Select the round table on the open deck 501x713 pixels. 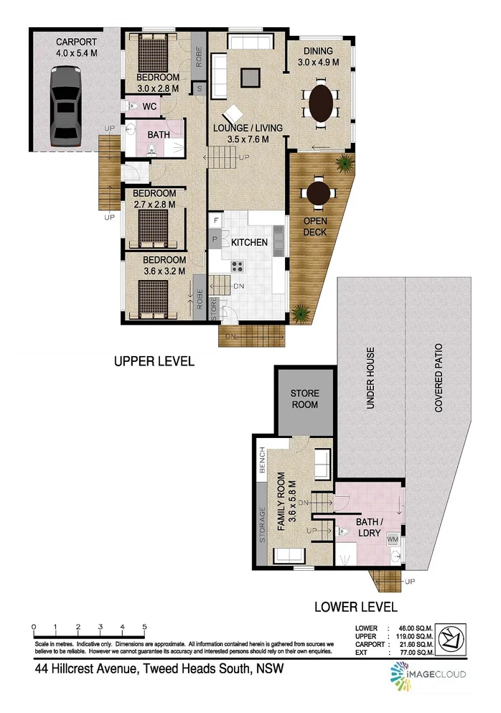click(x=317, y=192)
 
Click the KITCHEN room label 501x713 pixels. click(x=249, y=243)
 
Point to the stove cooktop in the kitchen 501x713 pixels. click(x=238, y=266)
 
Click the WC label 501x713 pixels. click(x=150, y=106)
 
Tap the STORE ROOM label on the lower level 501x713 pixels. click(x=305, y=399)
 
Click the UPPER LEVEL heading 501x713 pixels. click(x=154, y=361)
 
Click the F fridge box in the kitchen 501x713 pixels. click(x=214, y=218)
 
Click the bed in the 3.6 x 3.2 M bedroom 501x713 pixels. click(x=152, y=296)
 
